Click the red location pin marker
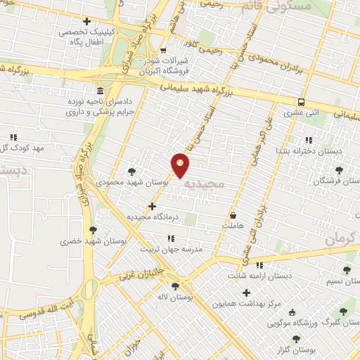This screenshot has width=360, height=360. coord(181,165)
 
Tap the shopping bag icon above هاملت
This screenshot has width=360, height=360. coord(233,216)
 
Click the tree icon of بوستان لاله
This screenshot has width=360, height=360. coord(174,285)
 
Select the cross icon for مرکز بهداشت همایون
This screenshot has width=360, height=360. coord(245,292)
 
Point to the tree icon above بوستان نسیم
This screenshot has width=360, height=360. coord(346,269)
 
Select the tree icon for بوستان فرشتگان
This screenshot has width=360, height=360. coord(340,169)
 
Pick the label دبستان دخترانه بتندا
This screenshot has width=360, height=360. coord(329,150)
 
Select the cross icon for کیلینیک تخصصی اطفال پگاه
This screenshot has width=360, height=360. coord(86,22)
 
